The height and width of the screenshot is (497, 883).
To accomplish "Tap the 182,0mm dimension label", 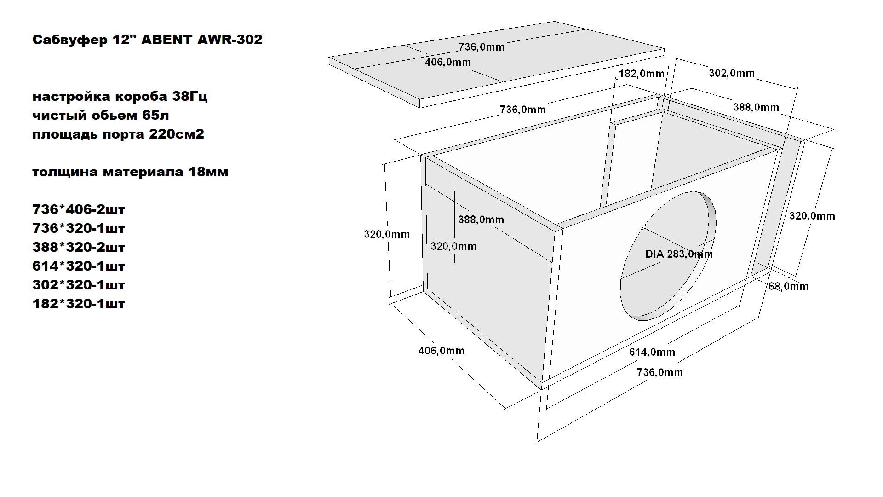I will [642, 74].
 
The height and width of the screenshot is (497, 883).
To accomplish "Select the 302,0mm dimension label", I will [731, 73].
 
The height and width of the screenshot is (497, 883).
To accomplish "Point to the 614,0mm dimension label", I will [652, 352].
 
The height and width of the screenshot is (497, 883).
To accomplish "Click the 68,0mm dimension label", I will [788, 286].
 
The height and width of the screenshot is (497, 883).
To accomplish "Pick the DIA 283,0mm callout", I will [679, 254].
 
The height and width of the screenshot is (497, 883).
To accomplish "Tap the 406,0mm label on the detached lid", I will [447, 62].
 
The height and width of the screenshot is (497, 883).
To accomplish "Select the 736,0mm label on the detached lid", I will [481, 47].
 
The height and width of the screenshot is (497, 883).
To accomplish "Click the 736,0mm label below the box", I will [659, 372].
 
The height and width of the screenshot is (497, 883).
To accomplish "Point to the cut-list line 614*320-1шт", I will [79, 266].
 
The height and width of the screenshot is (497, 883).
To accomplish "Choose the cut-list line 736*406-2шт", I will [79, 209].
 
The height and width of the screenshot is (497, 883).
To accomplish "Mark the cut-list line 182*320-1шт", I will [79, 304].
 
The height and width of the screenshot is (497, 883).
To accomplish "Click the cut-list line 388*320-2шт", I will [79, 247].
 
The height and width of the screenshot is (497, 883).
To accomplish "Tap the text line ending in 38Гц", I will [120, 97].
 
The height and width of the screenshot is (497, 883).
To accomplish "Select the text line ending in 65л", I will [101, 116].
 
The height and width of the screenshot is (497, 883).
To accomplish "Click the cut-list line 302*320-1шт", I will [79, 285].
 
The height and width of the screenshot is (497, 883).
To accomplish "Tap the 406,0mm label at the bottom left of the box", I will [441, 351].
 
